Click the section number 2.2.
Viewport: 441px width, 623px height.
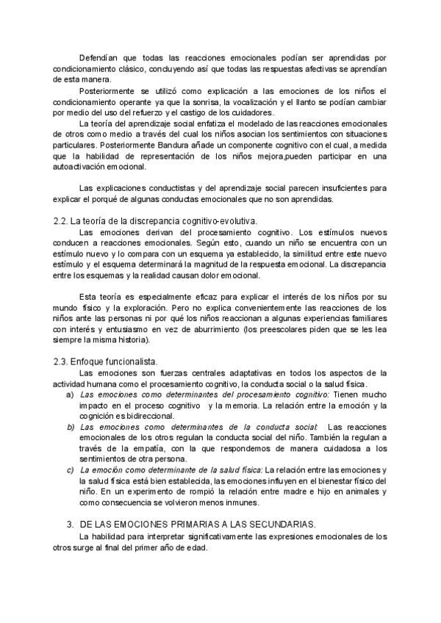click(61, 220)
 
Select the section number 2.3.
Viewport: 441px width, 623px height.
click(61, 361)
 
